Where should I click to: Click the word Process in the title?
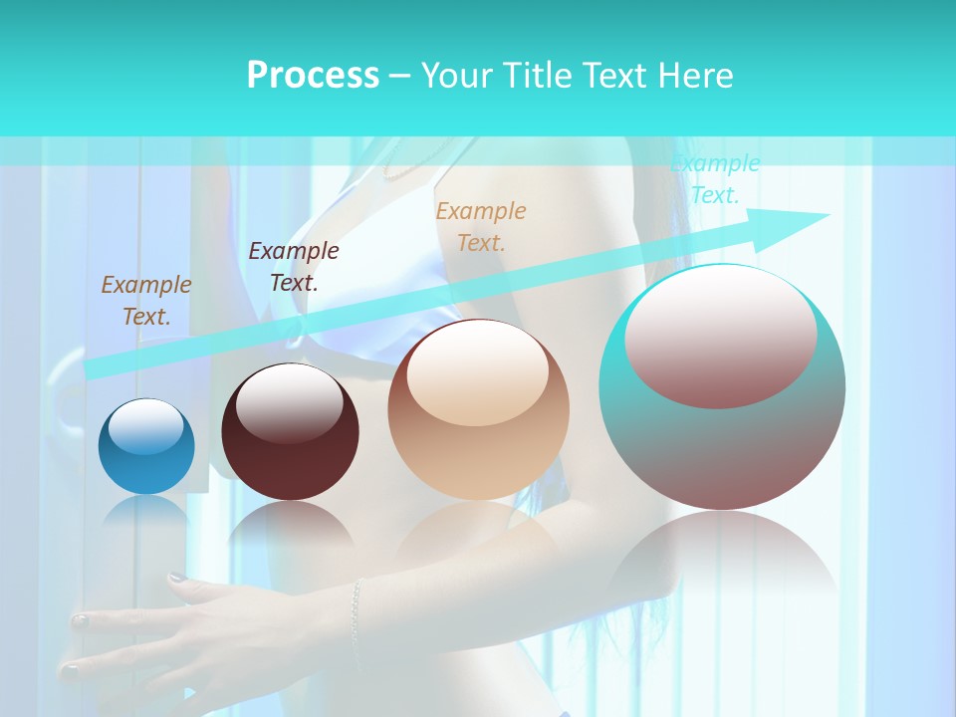tap(313, 76)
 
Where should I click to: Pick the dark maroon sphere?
tap(290, 433)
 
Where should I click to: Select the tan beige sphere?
tap(478, 410)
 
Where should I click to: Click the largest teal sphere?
tap(722, 388)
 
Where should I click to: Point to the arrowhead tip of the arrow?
tap(828, 215)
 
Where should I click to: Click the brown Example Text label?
tap(146, 300)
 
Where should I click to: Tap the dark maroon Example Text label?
tap(294, 266)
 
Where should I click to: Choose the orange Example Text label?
tap(481, 226)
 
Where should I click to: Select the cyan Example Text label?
tap(715, 179)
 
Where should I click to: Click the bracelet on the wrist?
tap(356, 609)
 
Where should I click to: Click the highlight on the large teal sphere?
tap(720, 339)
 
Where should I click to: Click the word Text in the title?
tap(612, 76)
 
